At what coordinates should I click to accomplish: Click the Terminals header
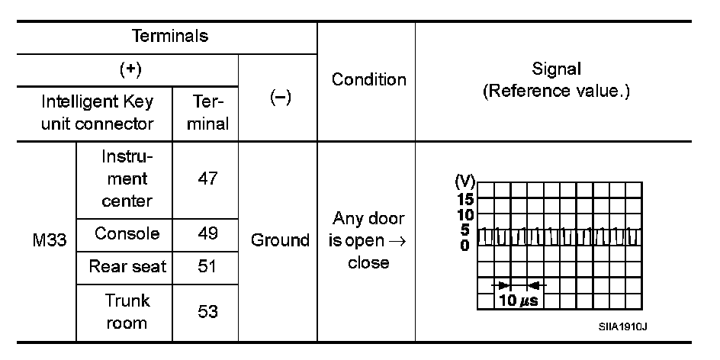tap(170, 36)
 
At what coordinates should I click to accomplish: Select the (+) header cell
tap(129, 70)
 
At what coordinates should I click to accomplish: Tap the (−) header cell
tap(278, 99)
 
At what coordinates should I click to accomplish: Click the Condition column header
tap(368, 79)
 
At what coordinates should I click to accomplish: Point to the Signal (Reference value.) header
tap(556, 79)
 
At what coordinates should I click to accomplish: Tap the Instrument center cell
tap(125, 179)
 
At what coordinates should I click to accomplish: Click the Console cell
tap(125, 233)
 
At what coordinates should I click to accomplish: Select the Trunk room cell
tap(127, 311)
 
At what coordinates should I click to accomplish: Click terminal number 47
tap(206, 179)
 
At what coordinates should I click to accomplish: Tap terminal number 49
tap(206, 233)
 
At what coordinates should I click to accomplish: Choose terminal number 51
tap(206, 266)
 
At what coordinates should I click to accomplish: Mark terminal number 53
tap(206, 311)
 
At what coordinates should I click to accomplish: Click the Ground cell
tap(280, 240)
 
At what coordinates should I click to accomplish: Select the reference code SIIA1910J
tap(623, 327)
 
